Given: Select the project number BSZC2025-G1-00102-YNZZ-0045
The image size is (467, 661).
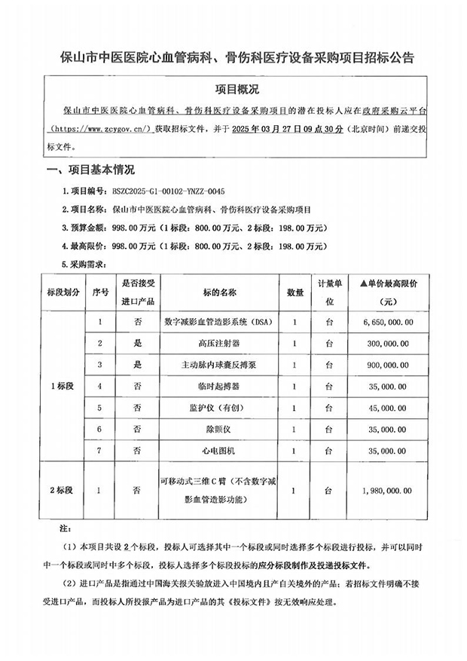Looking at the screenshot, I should pos(168,192).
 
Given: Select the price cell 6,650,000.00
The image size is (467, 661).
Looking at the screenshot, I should pos(388,322).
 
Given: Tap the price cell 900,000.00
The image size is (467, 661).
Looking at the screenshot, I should pos(388,365).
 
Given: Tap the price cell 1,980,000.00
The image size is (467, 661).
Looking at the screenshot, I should pos(388,490).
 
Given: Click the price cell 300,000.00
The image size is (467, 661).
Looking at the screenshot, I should pos(388,344).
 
